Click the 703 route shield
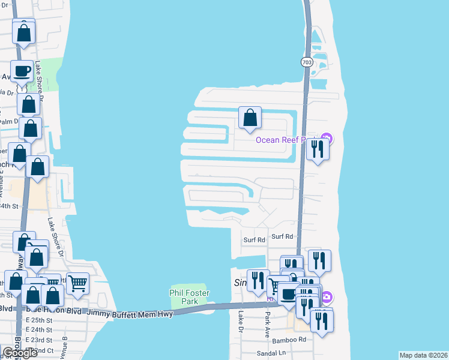(x=307, y=62)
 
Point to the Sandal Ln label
(x=270, y=353)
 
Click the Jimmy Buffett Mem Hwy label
(x=129, y=313)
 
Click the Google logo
(x=19, y=353)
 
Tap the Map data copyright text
(x=423, y=355)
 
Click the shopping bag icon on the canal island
(x=250, y=118)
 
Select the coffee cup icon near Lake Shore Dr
(x=22, y=71)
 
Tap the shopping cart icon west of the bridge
(x=77, y=283)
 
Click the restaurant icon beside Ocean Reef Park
(x=318, y=148)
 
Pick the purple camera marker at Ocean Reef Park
(x=327, y=140)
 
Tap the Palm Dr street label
(x=9, y=121)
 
